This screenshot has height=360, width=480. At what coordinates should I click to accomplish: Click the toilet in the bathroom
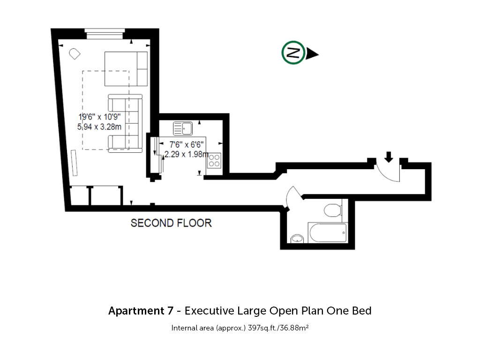point(333,210)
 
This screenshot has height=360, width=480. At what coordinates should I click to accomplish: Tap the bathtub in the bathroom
point(328,233)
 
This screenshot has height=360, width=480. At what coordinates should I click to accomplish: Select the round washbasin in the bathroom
point(297,239)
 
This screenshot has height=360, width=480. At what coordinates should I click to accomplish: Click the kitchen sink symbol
point(183,128)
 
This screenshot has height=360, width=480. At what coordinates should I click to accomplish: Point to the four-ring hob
point(214,160)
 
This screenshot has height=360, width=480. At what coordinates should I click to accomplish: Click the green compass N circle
point(293,52)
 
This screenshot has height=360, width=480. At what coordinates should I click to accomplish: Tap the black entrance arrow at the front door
point(389,157)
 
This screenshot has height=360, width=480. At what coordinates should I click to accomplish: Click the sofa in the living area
point(125,123)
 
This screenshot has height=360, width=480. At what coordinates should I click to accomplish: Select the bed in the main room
point(126,69)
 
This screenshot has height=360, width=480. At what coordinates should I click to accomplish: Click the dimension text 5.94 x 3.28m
point(99,127)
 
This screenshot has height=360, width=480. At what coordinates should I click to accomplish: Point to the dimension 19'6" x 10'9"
point(99,117)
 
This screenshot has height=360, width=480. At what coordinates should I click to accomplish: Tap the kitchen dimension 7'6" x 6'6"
point(187,144)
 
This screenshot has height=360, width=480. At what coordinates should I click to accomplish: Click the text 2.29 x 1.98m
point(187,154)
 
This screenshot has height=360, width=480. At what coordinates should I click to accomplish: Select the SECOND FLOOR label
point(171,223)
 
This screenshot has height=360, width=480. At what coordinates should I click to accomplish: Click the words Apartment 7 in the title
point(141,311)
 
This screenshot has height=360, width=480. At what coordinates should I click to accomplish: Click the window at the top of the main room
point(105,34)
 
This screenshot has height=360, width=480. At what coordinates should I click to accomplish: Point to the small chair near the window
point(75,54)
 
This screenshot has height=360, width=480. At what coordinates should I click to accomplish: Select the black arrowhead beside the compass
point(312,54)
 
